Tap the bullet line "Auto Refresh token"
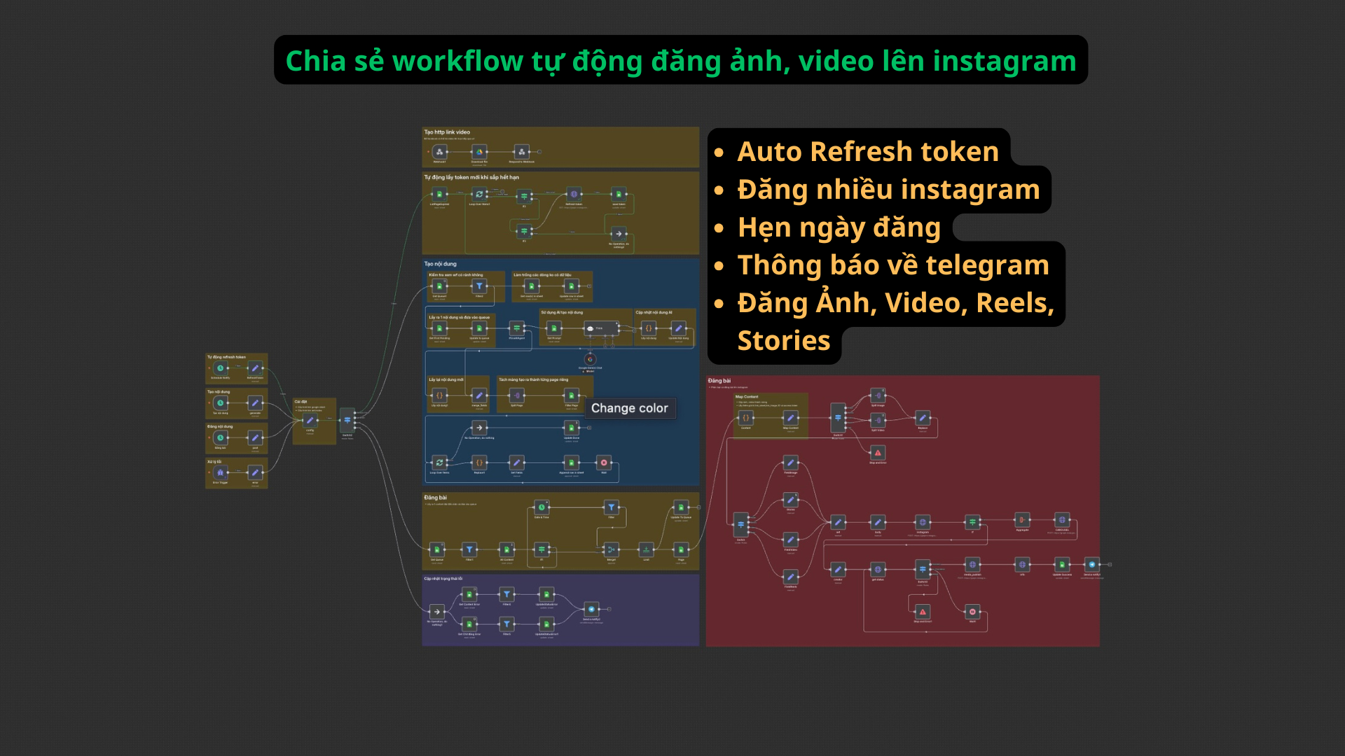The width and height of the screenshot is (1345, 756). pos(867,151)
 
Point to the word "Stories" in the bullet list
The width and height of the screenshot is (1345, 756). pos(783,341)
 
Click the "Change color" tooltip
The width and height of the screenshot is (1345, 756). pos(629,408)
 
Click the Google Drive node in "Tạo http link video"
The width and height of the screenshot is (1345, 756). pos(480,152)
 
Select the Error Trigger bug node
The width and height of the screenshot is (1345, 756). pos(220,472)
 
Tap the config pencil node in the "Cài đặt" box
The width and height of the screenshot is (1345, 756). pos(310,420)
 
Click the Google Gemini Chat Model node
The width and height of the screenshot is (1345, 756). pos(590,360)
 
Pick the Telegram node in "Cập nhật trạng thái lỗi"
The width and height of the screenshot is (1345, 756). pos(591,609)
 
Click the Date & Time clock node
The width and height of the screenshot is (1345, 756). pos(542,507)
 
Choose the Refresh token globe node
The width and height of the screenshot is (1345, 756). pos(574,195)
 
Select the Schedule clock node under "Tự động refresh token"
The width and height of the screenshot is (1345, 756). pos(220,368)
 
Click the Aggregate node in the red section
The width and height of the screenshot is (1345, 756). pos(1022,520)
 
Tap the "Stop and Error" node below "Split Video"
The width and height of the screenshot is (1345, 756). pos(878,453)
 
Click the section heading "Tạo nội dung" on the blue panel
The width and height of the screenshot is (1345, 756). pos(440,264)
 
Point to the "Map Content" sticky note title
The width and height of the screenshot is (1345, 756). pos(747,397)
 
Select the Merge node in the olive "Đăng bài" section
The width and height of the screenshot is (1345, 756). pos(611,549)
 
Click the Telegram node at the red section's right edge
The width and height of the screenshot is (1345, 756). pos(1091,564)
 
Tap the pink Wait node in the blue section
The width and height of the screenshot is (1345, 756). pos(604,463)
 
